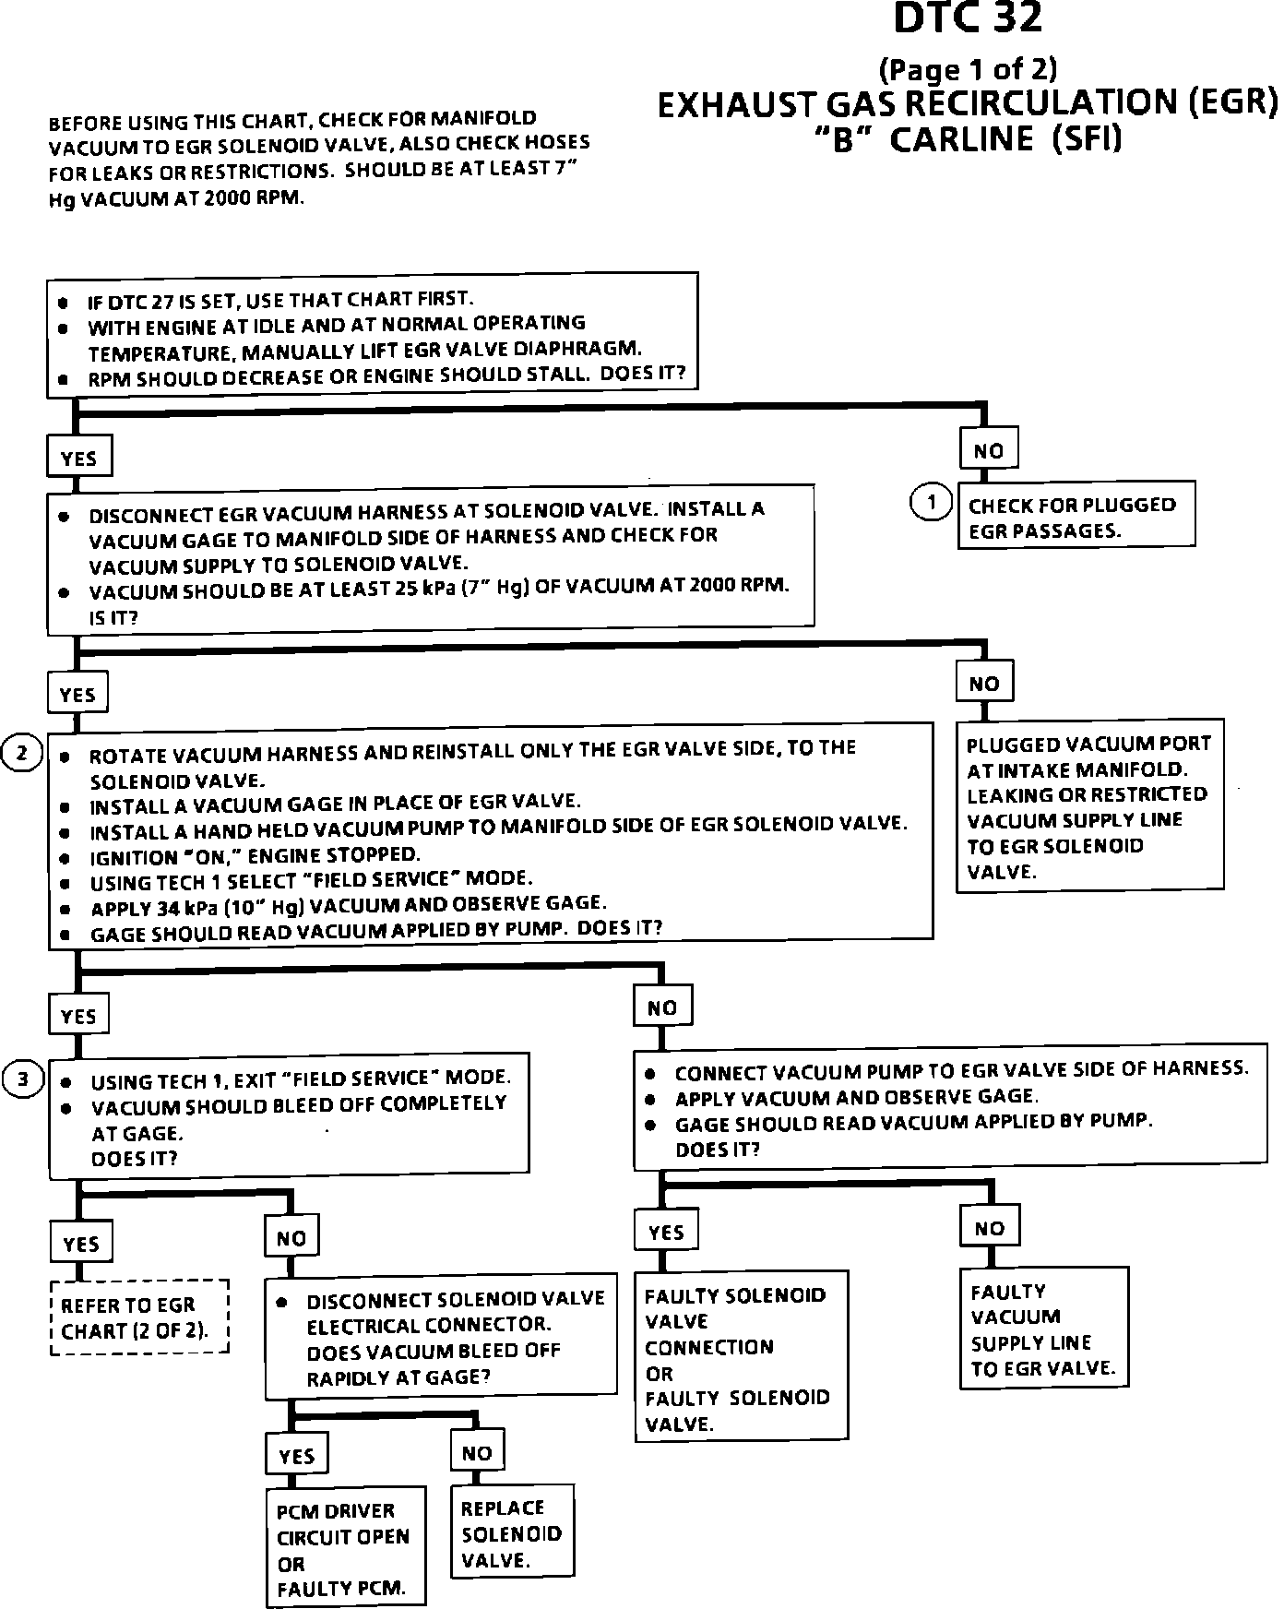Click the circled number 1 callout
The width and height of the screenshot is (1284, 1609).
coord(931,502)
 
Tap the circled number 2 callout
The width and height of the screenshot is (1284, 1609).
coord(22,754)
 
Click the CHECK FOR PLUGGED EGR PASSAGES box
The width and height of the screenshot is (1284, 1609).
coord(1076,517)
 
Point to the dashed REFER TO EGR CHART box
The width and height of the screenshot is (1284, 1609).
coord(138,1317)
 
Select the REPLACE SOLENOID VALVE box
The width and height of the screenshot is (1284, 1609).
coord(512,1532)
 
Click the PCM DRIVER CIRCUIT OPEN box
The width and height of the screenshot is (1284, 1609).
coord(345,1549)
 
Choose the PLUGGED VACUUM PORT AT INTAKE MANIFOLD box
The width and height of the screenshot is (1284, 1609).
coord(1089,806)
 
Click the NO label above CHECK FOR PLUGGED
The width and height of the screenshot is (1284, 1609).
coord(988,451)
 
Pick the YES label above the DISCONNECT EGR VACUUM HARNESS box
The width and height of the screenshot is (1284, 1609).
coord(78,459)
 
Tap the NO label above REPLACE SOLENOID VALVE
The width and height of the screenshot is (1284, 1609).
coord(477,1453)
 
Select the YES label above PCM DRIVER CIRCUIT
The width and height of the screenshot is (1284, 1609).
coord(296,1456)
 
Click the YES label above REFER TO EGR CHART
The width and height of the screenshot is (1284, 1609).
coord(81,1243)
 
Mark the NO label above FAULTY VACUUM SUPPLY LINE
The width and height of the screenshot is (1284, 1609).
coord(989,1228)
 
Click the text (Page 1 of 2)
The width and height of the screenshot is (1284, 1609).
coord(968,69)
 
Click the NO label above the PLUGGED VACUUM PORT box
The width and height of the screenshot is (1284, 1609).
coord(984,684)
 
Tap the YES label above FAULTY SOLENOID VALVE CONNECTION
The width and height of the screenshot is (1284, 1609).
coord(666,1233)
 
